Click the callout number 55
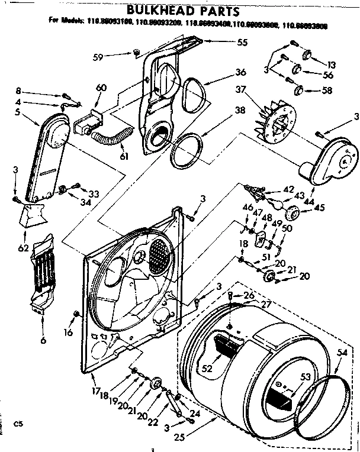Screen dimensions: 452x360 point(226,43)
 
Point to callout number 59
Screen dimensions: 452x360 point(115,56)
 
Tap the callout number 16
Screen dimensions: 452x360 point(69,332)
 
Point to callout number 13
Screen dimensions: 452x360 point(330,65)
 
